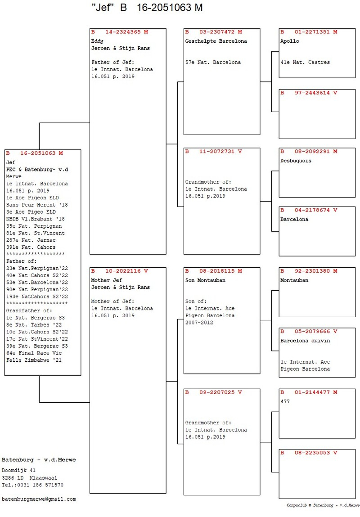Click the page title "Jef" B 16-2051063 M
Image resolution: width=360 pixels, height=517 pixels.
click(147, 8)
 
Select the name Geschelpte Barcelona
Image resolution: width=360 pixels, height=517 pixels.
click(216, 41)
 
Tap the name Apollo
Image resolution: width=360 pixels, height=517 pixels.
click(290, 41)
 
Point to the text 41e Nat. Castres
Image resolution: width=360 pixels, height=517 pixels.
click(305, 62)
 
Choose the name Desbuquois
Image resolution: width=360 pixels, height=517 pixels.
click(296, 161)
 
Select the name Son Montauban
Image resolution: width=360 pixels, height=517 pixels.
click(205, 280)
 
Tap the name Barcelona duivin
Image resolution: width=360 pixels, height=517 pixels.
click(305, 341)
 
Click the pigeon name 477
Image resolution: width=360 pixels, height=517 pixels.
click(285, 402)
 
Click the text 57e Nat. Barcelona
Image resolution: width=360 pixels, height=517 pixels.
click(213, 62)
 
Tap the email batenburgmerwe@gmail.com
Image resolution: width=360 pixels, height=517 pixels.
click(39, 499)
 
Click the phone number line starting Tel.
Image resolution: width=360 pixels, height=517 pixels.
click(33, 485)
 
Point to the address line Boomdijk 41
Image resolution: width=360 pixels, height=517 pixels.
click(18, 471)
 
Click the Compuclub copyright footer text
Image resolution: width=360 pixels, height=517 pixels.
click(323, 505)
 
